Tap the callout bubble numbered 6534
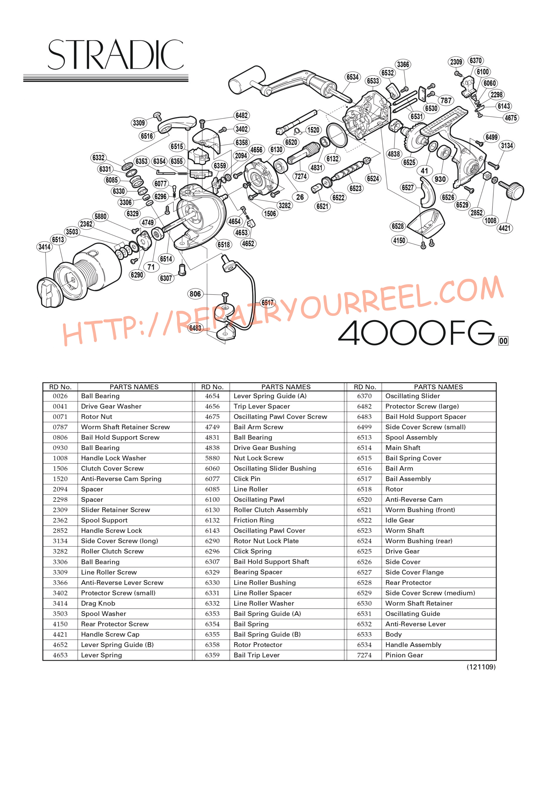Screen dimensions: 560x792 tap(352, 77)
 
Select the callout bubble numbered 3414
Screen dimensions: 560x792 tap(44, 247)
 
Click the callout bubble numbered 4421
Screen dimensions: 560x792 tap(504, 228)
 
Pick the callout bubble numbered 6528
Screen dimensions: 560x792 tap(397, 226)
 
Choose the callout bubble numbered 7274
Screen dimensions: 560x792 tap(300, 176)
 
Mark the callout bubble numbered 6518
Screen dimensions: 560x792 tap(224, 245)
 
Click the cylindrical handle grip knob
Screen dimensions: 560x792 tap(246, 80)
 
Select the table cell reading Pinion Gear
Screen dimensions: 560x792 tap(404, 655)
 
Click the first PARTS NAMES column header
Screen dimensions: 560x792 tap(134, 387)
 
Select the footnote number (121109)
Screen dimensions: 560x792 tap(481, 667)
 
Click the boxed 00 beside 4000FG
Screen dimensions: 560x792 tap(503, 341)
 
